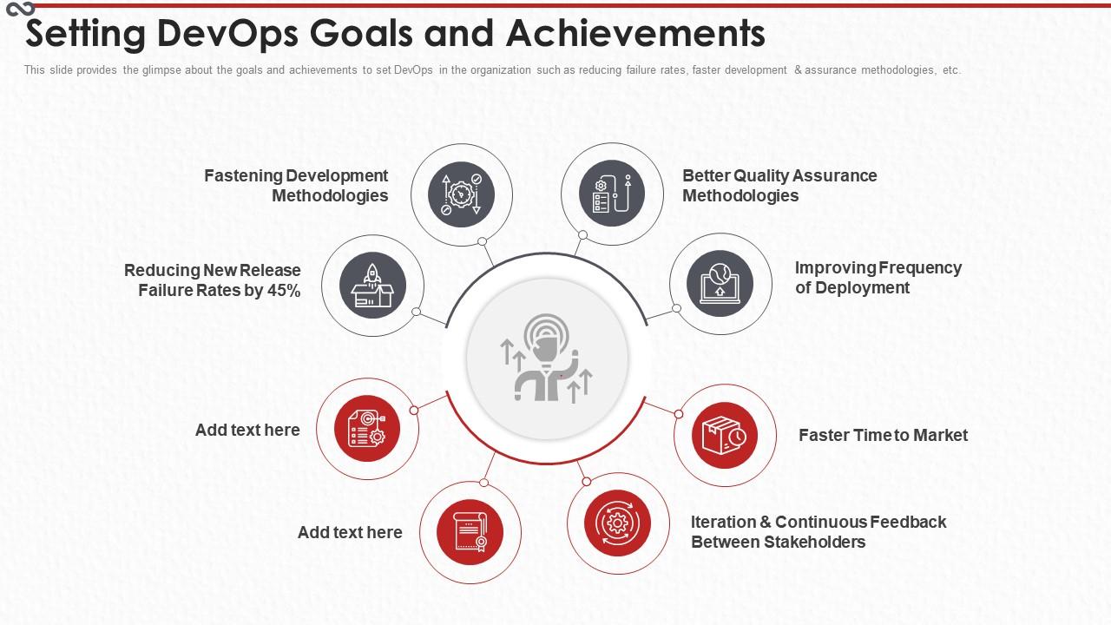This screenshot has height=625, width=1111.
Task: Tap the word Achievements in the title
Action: pos(635,34)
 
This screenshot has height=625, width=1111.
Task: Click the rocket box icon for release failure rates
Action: pos(372,286)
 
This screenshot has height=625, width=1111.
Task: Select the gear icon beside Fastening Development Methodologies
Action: pos(462,194)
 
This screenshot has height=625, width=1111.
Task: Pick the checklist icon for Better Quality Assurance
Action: pos(612,194)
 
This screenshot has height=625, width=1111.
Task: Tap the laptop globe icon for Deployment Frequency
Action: pos(720,284)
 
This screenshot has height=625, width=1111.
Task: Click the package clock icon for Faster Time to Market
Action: pos(725,436)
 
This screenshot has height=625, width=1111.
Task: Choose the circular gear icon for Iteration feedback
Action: pos(618,523)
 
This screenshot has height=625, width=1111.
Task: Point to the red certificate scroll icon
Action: pos(470,532)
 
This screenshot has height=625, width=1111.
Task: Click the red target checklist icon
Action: pos(367,429)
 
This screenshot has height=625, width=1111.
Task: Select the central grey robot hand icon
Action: pos(547,358)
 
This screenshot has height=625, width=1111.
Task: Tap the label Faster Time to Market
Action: pos(883,436)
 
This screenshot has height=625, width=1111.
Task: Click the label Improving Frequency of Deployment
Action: pos(878,278)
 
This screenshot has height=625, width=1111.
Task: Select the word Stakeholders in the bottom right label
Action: pos(815,543)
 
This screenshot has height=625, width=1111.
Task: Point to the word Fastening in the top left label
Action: pos(243,176)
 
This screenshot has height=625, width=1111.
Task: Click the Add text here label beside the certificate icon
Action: pos(350,533)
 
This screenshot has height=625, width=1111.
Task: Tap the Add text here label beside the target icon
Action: pos(247,431)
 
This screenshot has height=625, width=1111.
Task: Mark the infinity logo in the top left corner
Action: pos(19,8)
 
